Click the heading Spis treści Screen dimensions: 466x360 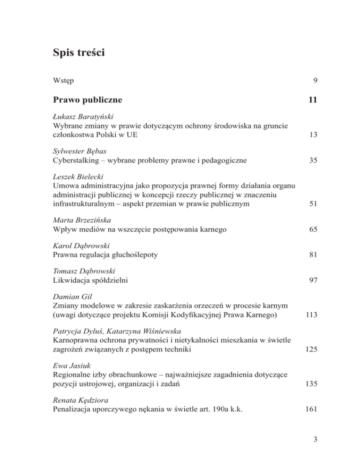click(79, 53)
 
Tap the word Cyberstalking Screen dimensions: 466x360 click(76, 160)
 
